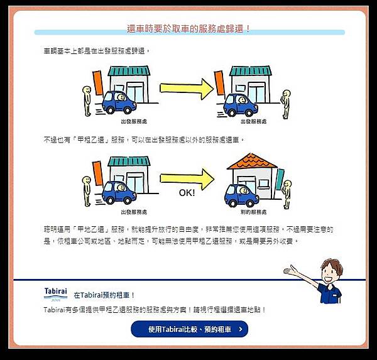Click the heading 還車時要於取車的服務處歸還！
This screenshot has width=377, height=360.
click(188, 28)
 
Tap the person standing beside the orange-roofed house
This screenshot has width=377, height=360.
click(287, 193)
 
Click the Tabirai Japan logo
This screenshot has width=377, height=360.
click(55, 293)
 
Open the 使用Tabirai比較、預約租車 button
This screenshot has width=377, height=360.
click(189, 329)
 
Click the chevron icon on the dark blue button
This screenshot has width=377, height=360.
click(239, 329)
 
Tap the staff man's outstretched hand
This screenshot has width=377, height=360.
click(290, 271)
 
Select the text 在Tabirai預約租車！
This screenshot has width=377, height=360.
click(104, 295)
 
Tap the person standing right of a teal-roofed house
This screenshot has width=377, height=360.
click(287, 101)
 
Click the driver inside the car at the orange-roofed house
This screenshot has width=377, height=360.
click(238, 189)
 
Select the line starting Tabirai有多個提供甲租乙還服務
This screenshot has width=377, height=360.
click(155, 310)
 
